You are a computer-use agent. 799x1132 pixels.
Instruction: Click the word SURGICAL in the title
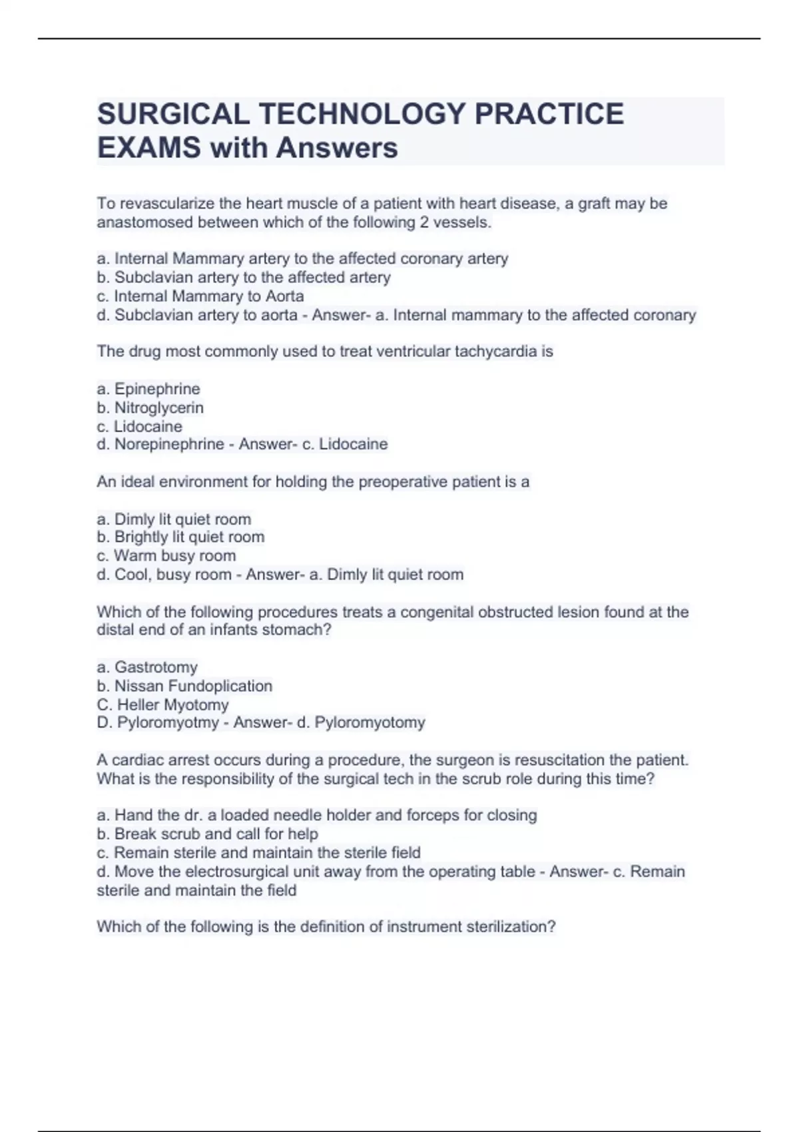click(x=173, y=114)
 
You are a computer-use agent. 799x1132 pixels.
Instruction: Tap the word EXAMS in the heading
click(x=148, y=148)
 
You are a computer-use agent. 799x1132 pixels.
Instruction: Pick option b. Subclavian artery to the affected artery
click(x=244, y=278)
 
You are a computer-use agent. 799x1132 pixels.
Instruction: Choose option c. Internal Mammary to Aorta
click(x=200, y=296)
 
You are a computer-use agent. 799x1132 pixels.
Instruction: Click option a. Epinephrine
click(x=148, y=389)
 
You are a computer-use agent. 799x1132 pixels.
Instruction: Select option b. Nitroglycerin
click(x=150, y=408)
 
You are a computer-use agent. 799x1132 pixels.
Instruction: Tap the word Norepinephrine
click(x=169, y=444)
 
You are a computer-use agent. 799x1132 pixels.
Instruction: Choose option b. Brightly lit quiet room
click(x=180, y=537)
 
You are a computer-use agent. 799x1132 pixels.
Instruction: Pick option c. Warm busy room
click(x=166, y=556)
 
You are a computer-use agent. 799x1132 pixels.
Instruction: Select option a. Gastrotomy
click(x=147, y=667)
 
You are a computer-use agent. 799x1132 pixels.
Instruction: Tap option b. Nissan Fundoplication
click(x=184, y=686)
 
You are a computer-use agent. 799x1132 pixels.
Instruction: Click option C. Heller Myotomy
click(x=162, y=705)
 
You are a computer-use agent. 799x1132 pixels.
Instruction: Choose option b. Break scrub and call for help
click(x=208, y=834)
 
